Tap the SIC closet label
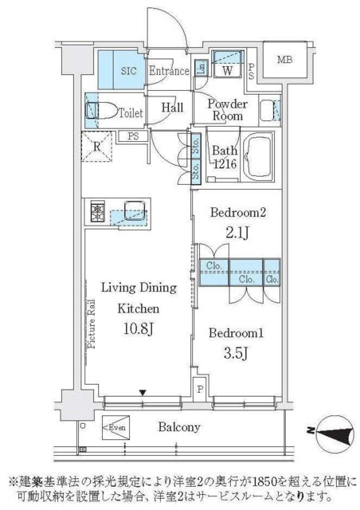click(128, 70)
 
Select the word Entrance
click(168, 71)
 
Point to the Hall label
click(172, 108)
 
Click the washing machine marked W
click(227, 70)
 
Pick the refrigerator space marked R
click(96, 147)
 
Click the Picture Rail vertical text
click(92, 324)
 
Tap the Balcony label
click(177, 428)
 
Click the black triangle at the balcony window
click(143, 392)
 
